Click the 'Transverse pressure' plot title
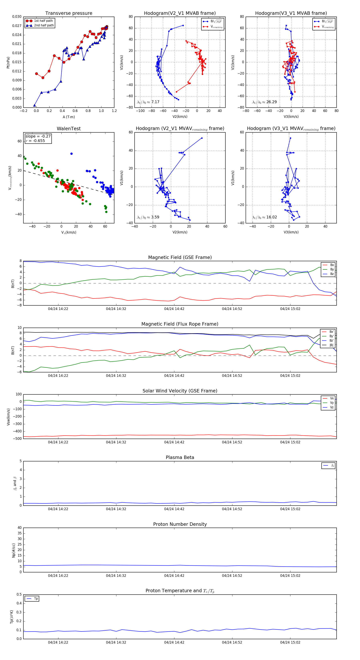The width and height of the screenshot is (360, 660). coord(69,13)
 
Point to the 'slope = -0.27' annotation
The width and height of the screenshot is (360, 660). coord(38,136)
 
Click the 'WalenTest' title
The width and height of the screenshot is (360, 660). coord(69,129)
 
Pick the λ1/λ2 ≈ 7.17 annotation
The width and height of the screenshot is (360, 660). coord(148,102)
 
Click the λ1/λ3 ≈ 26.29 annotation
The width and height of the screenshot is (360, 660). coord(264,102)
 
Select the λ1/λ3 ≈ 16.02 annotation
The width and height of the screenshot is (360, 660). coord(264,217)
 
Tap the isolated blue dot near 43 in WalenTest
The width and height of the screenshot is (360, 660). coord(71,154)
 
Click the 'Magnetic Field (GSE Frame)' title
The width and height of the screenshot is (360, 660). coord(180,257)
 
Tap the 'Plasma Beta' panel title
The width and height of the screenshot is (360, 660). coord(180,458)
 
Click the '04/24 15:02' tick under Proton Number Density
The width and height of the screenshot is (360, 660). coord(290,576)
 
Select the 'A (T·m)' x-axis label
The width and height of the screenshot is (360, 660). coord(69,117)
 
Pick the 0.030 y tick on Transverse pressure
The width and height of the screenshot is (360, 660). coord(17,17)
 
